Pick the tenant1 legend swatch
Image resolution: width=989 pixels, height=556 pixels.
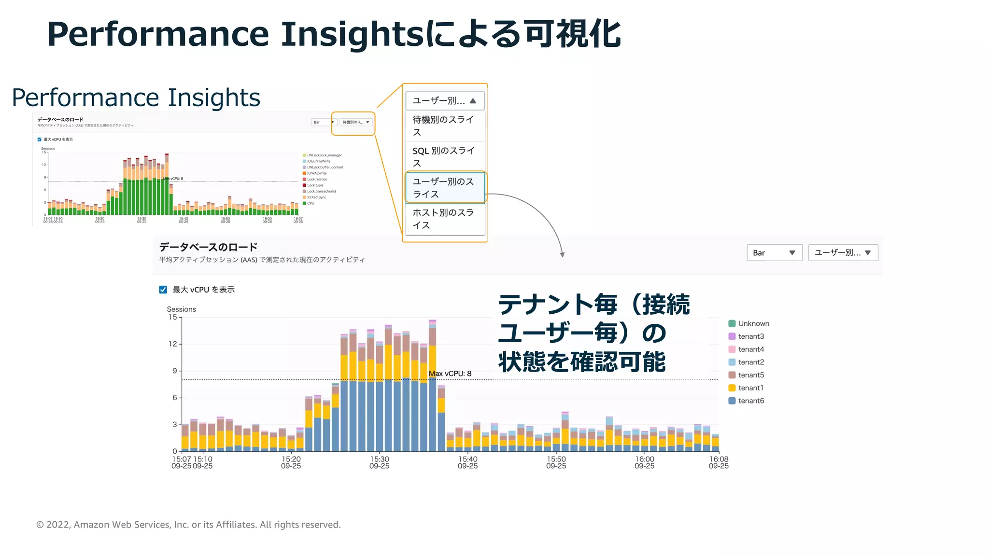pos(732,388)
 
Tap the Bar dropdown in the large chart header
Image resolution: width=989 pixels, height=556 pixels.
pos(774,253)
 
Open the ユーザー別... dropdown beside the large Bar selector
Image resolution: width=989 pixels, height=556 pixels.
pos(843,253)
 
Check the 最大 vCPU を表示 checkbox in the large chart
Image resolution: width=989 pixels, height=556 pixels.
pos(163,290)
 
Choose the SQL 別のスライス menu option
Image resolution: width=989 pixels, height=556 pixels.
pos(444,157)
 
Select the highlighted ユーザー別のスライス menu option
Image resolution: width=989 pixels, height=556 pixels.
pos(444,188)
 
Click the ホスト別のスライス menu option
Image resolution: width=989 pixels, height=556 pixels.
pos(444,219)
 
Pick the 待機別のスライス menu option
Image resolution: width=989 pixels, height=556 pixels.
pos(444,125)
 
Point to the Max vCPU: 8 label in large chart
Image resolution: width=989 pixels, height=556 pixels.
pos(450,374)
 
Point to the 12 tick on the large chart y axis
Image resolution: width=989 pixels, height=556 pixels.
pos(173,344)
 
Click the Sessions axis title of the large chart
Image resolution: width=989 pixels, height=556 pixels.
pos(181,309)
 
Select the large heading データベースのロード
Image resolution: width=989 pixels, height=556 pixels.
pos(208,247)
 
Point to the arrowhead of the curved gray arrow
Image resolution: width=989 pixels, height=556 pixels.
pos(562,255)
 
